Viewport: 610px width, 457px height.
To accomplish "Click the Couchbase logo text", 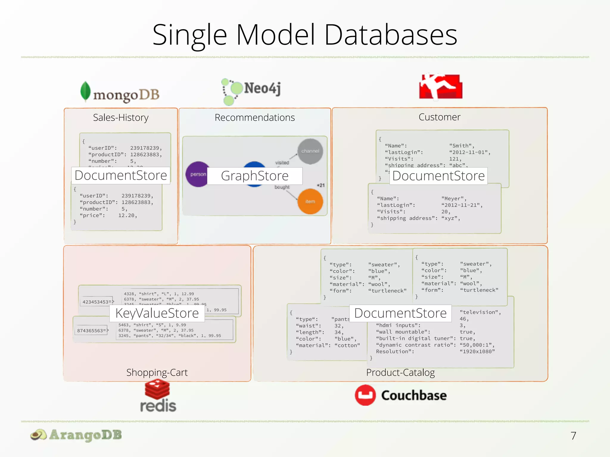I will [414, 395].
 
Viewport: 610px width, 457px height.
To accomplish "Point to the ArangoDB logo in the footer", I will [76, 435].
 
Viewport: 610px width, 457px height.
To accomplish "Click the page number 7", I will [573, 436].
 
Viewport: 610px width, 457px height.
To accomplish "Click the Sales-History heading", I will [121, 118].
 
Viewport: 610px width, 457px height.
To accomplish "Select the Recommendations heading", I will [255, 118].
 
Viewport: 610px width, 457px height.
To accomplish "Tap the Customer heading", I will [439, 117].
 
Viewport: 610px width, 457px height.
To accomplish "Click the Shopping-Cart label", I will [157, 372].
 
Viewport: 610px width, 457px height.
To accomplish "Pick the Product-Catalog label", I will [400, 372].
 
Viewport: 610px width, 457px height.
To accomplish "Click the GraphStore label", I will [255, 176].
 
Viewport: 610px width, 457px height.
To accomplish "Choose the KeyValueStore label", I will [157, 313].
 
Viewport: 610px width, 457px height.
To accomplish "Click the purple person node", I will [197, 174].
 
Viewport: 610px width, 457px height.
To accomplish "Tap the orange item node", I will [310, 201].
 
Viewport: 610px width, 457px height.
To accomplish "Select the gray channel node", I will [310, 151].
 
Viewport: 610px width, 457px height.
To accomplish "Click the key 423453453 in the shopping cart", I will [96, 302].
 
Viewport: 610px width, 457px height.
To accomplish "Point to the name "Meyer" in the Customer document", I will [453, 198].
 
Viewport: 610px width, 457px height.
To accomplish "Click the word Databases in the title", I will [390, 35].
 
